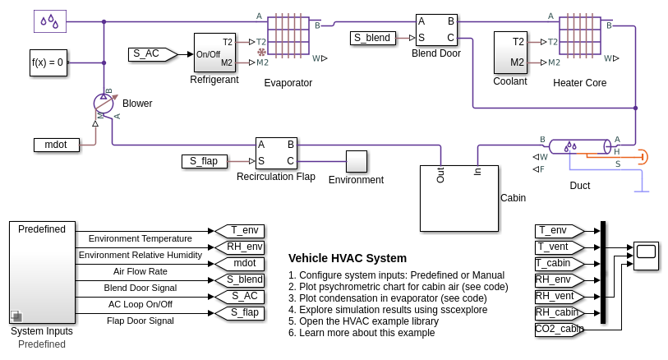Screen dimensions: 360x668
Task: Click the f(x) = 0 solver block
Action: (47, 62)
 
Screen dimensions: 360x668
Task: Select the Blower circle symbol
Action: (104, 104)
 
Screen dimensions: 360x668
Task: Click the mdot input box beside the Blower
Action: (56, 145)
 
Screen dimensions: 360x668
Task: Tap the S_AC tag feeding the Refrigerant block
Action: (151, 54)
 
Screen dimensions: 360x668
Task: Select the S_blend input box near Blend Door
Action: (372, 38)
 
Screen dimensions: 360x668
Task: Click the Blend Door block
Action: (435, 30)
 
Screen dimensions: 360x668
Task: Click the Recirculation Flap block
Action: (275, 153)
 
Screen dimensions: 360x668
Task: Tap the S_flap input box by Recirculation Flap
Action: (204, 161)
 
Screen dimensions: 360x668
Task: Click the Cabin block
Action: (458, 198)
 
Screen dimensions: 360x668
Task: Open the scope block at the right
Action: (646, 256)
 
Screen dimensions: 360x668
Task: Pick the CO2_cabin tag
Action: (559, 329)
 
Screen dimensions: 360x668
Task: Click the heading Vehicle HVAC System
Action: (348, 258)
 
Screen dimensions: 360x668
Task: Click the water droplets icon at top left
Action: (50, 21)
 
